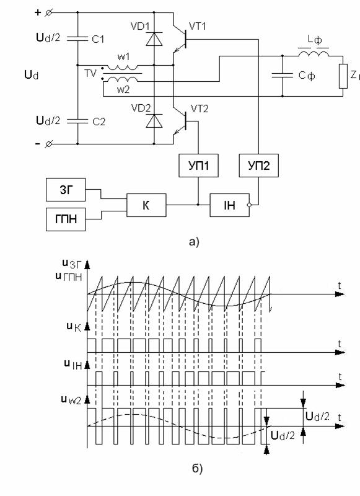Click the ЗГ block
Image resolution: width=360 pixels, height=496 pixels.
tap(66, 190)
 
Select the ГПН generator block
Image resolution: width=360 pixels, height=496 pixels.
tap(66, 219)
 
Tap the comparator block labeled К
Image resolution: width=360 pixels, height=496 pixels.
tap(146, 205)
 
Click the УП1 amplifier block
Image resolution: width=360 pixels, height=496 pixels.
tap(198, 166)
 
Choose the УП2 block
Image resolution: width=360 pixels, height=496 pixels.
tap(258, 166)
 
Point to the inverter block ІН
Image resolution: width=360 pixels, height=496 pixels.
tap(230, 205)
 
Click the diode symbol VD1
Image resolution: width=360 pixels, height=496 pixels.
tap(154, 39)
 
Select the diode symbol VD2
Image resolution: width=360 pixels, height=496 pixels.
tap(154, 121)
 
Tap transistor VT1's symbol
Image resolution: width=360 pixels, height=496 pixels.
tap(180, 38)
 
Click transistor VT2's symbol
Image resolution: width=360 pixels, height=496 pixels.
tap(180, 121)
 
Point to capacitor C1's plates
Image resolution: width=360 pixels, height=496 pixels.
tap(77, 39)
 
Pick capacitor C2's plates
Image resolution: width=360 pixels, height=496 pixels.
tap(77, 121)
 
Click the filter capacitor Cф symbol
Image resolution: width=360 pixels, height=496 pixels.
tap(283, 76)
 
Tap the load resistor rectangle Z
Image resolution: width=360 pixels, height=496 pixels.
tap(343, 76)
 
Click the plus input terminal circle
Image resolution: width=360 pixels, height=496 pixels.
tap(49, 12)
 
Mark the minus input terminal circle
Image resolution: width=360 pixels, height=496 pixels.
tap(48, 144)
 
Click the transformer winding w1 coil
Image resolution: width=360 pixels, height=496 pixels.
tap(122, 67)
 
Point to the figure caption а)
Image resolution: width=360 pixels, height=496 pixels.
tap(194, 242)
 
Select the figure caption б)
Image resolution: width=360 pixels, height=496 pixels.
tap(197, 468)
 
